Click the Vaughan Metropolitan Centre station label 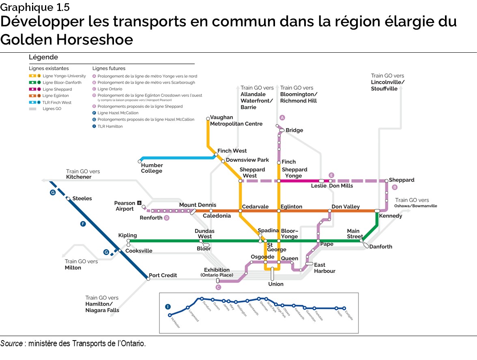click(236, 121)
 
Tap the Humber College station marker click(140, 161)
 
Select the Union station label click(276, 284)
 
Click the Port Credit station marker click(148, 279)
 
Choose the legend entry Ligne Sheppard click(57, 89)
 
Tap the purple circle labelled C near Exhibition click(218, 287)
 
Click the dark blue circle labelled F click(83, 224)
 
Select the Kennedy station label click(391, 216)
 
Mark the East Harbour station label click(325, 268)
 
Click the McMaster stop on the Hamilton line click(170, 315)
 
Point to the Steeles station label click(82, 199)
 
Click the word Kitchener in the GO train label click(79, 177)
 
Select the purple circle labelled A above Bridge click(283, 118)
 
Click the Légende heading click(43, 58)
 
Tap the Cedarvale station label click(255, 207)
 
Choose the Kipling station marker click(129, 241)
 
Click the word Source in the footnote click(11, 343)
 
